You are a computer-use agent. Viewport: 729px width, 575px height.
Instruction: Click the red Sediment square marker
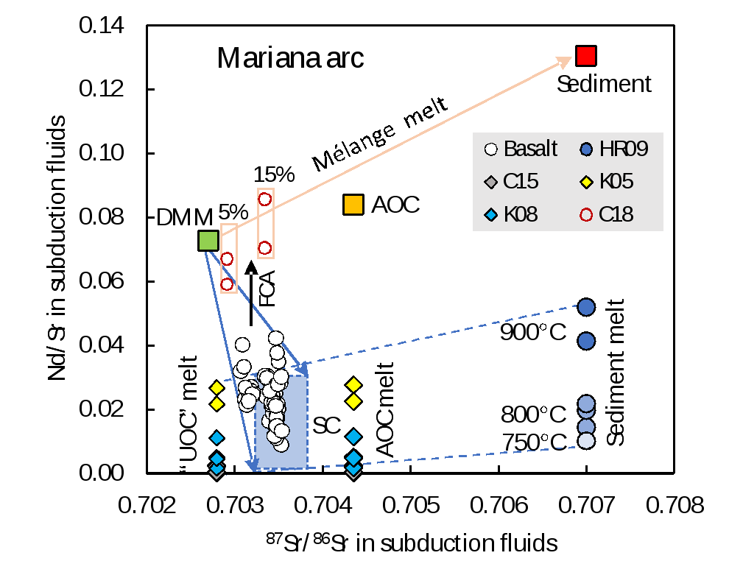[586, 56]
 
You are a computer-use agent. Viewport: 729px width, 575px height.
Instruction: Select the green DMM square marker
[208, 241]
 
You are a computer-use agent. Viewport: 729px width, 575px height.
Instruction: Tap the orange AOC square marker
[353, 205]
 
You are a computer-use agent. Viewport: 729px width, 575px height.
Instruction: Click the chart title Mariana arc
[290, 58]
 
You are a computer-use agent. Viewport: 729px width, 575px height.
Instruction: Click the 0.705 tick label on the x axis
[411, 505]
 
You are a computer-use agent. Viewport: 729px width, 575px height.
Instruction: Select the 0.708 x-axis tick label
[675, 505]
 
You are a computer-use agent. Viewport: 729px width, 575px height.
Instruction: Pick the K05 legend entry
[607, 182]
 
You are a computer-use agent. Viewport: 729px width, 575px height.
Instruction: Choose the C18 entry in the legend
[607, 215]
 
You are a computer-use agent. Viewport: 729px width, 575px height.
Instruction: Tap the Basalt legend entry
[521, 149]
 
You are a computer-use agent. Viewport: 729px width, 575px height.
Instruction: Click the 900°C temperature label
[533, 332]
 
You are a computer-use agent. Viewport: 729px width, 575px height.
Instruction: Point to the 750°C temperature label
[534, 442]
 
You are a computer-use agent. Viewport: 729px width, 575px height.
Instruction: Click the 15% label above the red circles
[274, 174]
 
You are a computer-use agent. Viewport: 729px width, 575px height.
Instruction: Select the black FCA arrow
[251, 293]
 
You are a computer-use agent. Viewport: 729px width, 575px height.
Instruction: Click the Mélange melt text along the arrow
[380, 134]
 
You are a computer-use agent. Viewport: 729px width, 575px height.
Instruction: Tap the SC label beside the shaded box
[326, 426]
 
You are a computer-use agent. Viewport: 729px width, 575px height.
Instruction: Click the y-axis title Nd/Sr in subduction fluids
[57, 248]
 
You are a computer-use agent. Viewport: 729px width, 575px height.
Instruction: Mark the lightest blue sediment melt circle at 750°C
[586, 440]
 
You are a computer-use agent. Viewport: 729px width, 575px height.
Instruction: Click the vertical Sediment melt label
[615, 373]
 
